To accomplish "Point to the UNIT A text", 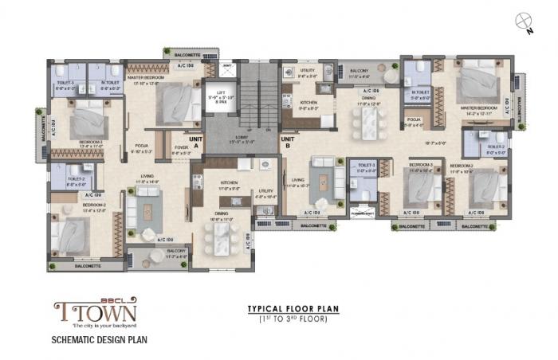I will coord(195,139).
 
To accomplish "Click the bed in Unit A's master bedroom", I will coord(180,101).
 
